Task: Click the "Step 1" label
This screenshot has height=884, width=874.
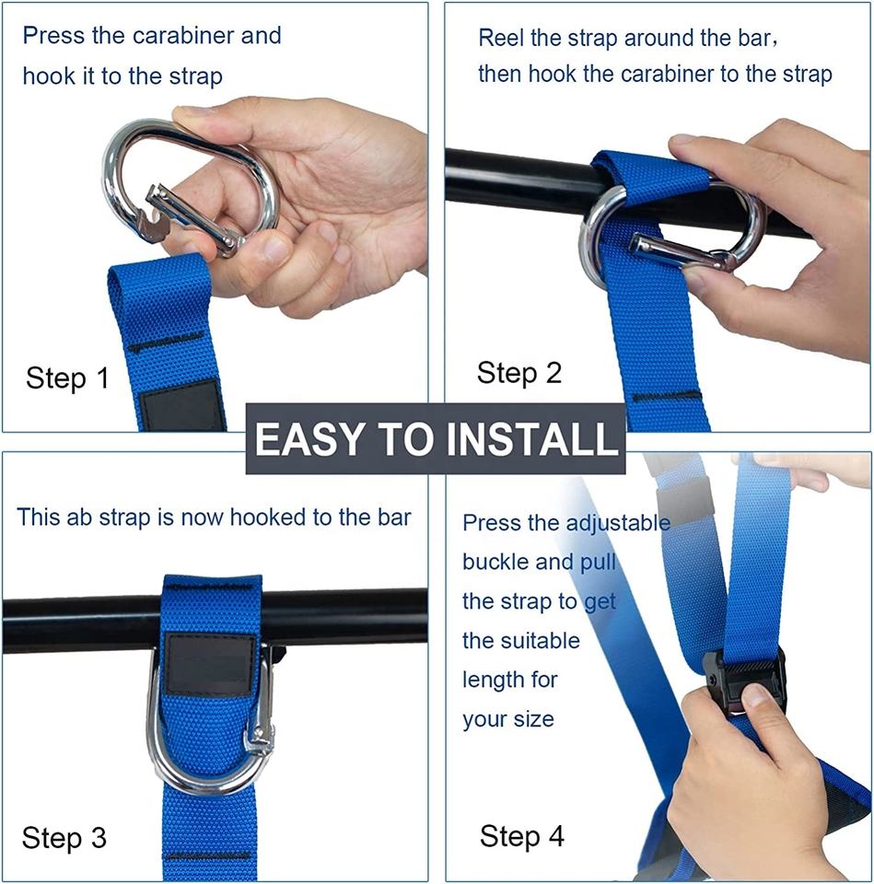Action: (67, 378)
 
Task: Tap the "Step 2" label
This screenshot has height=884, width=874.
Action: (519, 373)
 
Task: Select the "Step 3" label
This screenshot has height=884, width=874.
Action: (64, 837)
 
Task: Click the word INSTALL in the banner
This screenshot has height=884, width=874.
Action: (532, 438)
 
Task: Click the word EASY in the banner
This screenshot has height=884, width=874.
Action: (309, 438)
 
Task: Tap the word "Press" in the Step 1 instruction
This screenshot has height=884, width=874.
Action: (54, 36)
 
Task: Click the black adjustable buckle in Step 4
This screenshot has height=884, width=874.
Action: (744, 680)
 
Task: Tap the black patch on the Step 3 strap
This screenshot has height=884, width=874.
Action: (209, 664)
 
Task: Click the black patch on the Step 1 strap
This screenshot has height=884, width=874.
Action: (181, 405)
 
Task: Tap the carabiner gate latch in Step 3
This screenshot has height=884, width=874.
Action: (261, 727)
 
